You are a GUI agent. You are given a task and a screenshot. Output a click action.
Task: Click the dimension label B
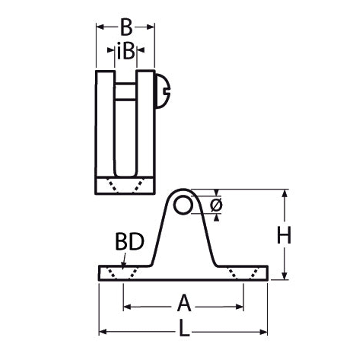(126, 27)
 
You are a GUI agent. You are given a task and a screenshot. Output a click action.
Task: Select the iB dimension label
(126, 51)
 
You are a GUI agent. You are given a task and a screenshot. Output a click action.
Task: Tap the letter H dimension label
(284, 235)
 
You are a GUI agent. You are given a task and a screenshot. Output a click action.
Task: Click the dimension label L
(185, 328)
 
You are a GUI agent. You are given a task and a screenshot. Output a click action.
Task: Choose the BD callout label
(129, 242)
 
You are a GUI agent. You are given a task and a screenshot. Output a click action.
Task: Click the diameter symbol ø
(216, 205)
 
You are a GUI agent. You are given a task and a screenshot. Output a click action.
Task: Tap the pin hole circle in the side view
(182, 205)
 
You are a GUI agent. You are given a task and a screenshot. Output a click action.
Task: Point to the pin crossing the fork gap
(126, 92)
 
